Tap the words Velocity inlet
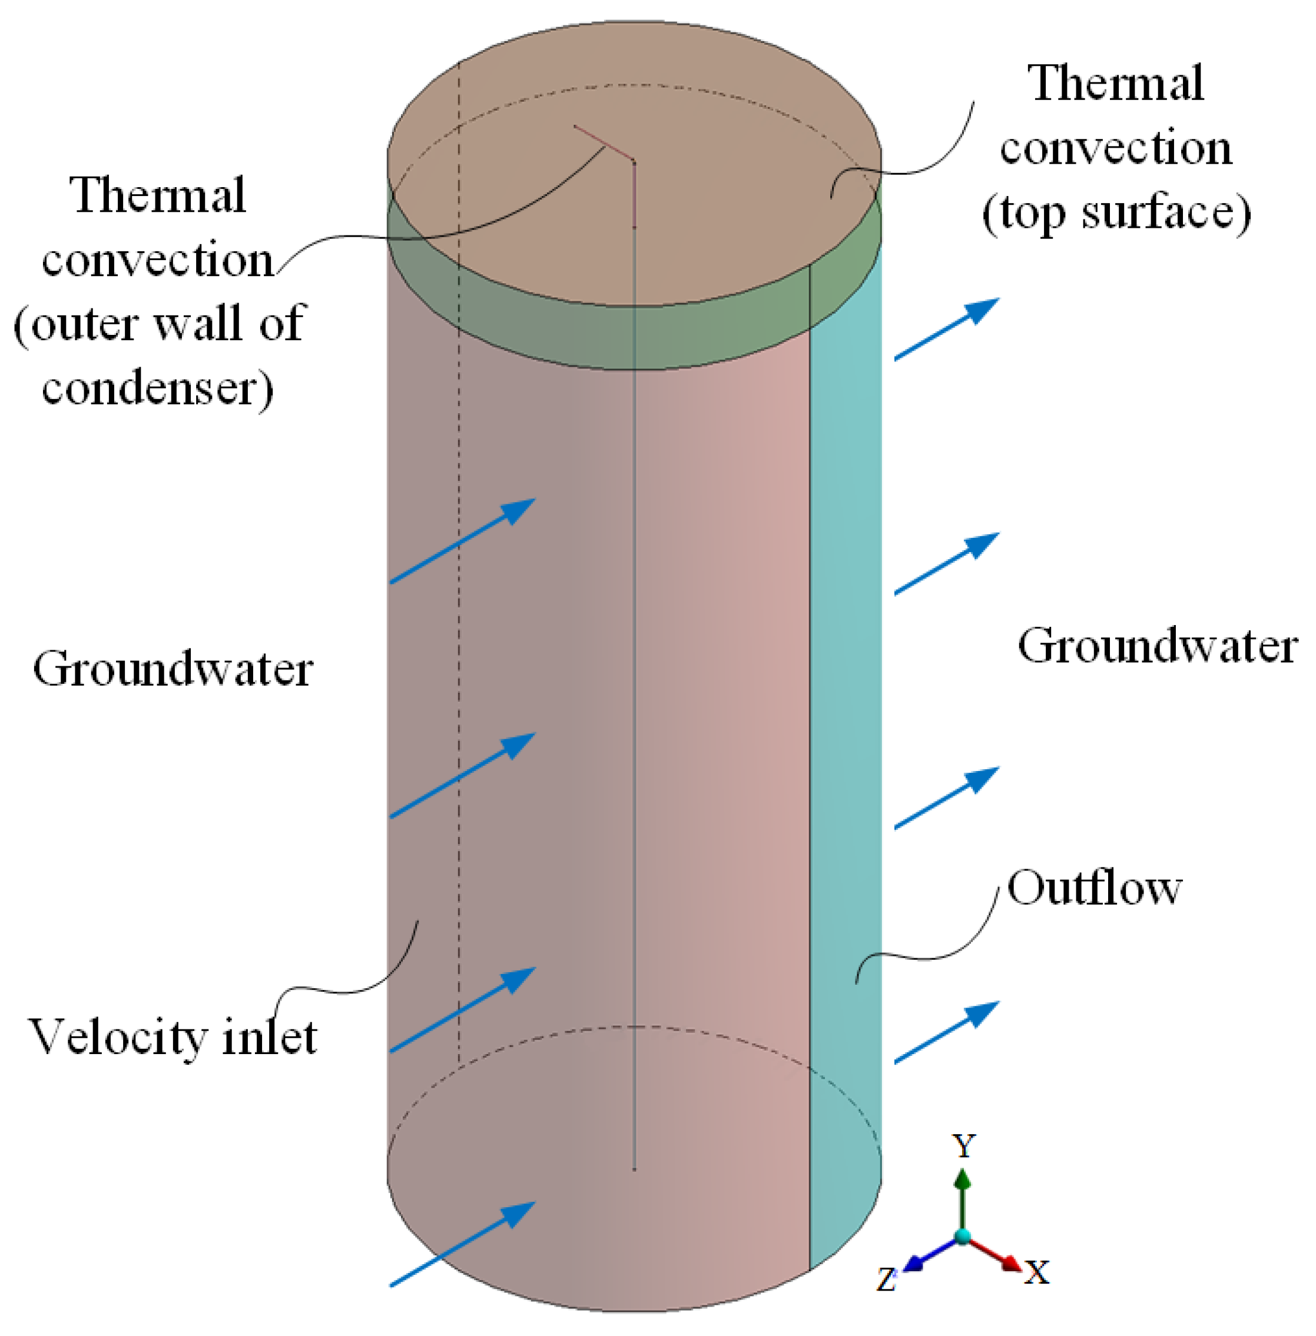[173, 1038]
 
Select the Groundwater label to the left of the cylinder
[173, 670]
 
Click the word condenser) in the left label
[158, 389]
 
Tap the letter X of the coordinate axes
[1037, 1272]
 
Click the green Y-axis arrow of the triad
[962, 1195]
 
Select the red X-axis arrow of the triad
[995, 1253]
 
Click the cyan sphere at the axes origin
[962, 1236]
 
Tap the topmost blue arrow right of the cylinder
[947, 329]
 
